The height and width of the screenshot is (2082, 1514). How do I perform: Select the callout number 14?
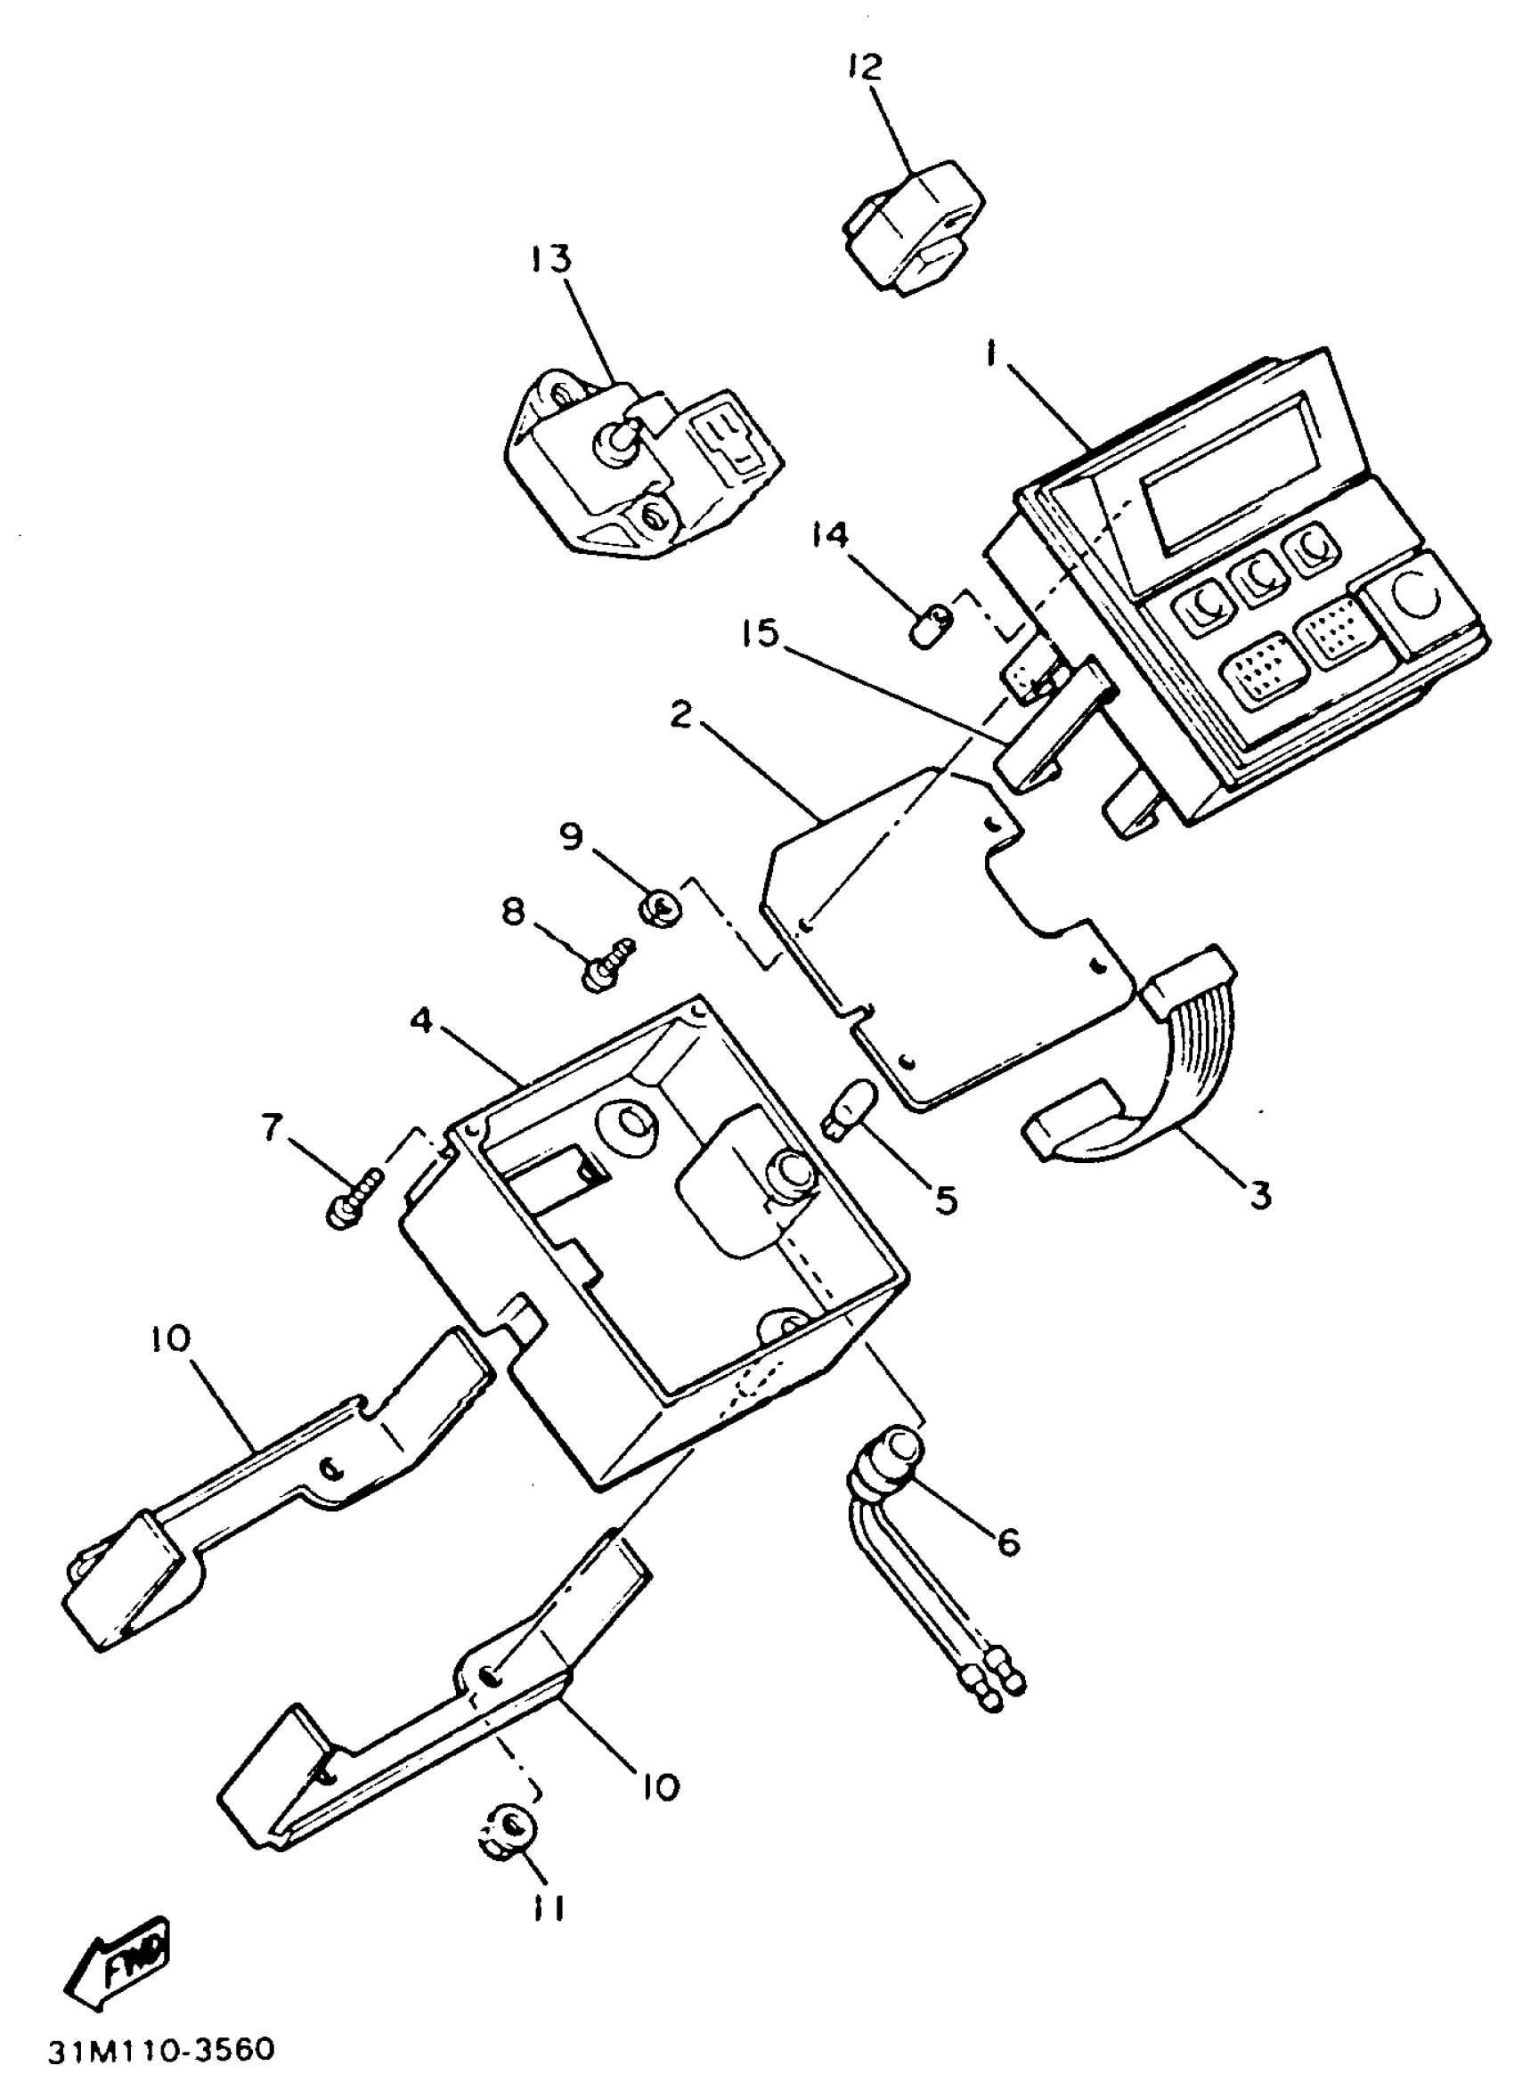coord(829,535)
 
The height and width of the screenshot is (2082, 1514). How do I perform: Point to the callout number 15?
coord(760,633)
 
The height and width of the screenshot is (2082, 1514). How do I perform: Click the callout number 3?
coord(1259,1195)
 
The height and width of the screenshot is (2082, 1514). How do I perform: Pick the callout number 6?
coord(1008,1542)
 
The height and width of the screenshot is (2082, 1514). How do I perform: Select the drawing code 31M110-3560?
coord(161,2050)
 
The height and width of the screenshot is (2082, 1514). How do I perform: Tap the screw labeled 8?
coord(607,960)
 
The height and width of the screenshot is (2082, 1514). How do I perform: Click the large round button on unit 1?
coord(1419,598)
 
